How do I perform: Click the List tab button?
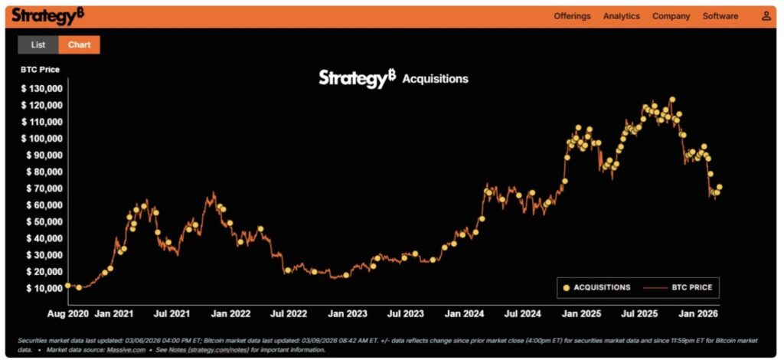(38, 44)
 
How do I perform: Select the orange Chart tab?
(79, 44)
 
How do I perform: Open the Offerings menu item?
(572, 16)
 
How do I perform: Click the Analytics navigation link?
(621, 16)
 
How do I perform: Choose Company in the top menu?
(671, 16)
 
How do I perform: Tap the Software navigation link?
(720, 16)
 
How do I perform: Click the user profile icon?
(766, 16)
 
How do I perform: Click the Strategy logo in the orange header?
(47, 15)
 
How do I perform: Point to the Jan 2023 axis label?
(347, 313)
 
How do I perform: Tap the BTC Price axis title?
(40, 70)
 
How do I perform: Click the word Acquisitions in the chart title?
(435, 79)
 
